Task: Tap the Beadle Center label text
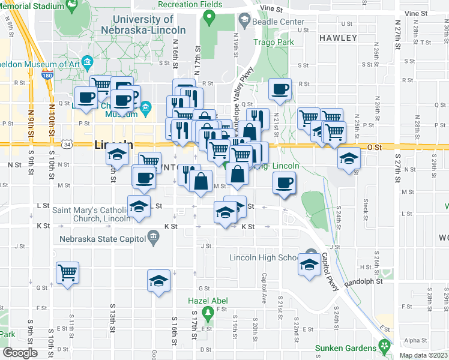(283, 22)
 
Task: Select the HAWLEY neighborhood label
(338, 37)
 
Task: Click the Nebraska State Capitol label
(102, 238)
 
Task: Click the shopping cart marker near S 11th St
(67, 273)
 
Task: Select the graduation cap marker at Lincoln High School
(309, 265)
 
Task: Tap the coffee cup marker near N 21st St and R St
(280, 89)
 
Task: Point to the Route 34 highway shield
(68, 144)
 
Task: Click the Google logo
(20, 352)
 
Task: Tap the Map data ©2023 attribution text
(423, 355)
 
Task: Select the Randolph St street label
(363, 281)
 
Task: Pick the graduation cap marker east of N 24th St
(348, 159)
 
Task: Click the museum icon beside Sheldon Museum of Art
(87, 62)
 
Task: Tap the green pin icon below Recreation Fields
(208, 17)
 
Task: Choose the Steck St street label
(366, 208)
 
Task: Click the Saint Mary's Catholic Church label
(91, 214)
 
